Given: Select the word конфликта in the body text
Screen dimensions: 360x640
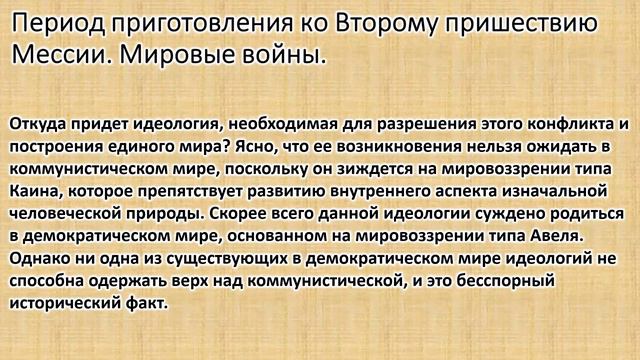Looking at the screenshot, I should tap(565, 124).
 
